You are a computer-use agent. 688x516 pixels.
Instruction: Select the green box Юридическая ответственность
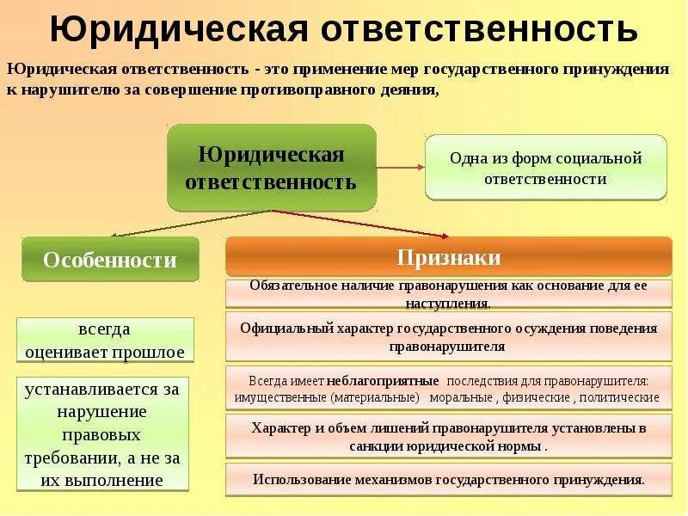271,168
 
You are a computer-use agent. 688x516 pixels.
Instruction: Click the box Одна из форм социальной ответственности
545,168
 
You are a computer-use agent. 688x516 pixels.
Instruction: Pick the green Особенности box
110,260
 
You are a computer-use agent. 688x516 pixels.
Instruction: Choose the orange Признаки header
448,257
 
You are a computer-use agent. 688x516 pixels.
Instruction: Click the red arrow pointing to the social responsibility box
401,169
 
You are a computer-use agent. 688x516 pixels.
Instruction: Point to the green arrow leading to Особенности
189,224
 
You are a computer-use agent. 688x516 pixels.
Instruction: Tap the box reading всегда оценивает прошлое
105,340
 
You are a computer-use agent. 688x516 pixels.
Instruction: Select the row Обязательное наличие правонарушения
448,293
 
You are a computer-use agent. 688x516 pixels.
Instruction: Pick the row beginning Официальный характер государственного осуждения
448,337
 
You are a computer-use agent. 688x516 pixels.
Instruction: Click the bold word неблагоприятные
392,380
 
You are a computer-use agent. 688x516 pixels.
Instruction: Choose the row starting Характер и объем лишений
448,437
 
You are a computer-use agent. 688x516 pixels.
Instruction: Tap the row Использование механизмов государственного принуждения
448,479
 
